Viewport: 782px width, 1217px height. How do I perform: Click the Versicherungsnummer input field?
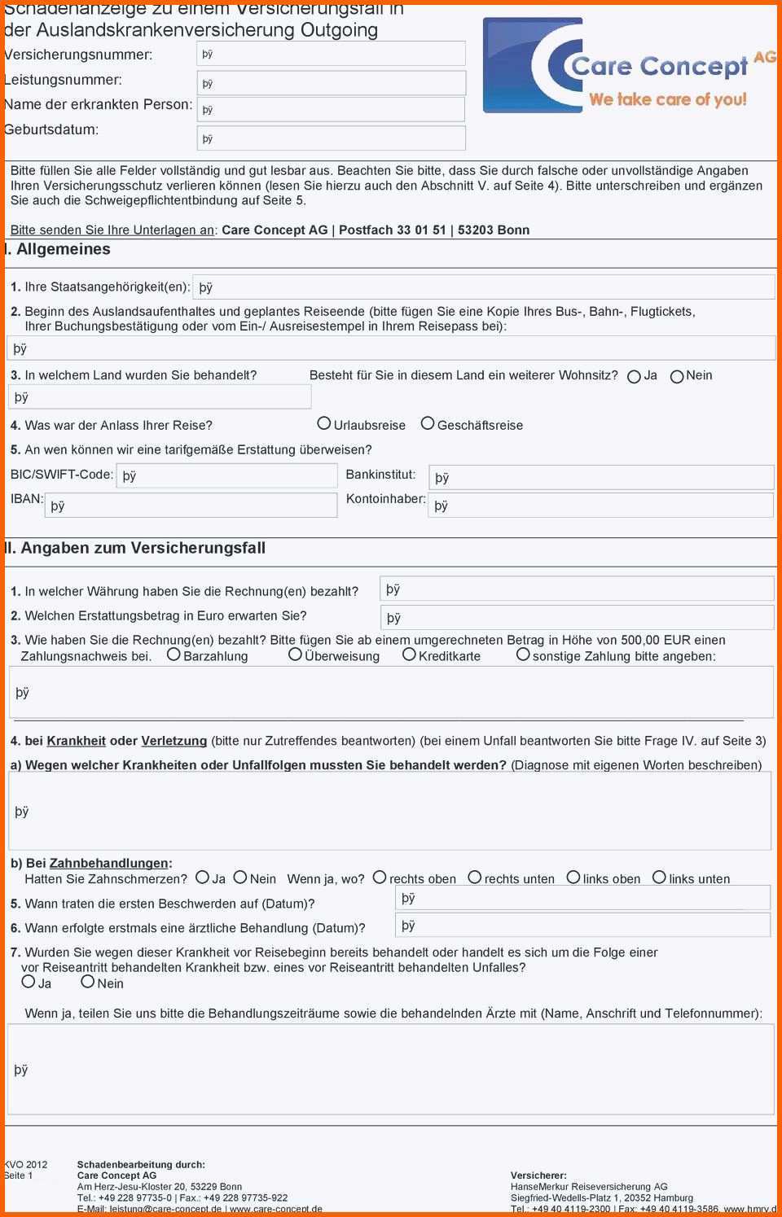point(331,54)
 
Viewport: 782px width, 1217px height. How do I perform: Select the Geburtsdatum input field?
point(331,138)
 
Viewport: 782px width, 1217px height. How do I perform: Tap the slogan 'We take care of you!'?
point(667,100)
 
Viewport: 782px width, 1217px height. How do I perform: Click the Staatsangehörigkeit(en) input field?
point(483,287)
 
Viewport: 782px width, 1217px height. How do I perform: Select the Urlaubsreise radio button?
point(324,423)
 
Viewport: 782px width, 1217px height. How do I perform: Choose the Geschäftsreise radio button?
point(428,423)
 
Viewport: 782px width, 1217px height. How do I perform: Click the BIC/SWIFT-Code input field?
point(226,475)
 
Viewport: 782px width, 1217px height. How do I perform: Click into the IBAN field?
point(191,506)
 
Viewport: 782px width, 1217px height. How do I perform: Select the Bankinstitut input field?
point(601,478)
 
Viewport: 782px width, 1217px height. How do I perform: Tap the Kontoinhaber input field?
point(601,506)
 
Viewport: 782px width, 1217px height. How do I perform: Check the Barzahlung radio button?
point(174,654)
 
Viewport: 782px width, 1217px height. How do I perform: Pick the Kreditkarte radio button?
point(409,654)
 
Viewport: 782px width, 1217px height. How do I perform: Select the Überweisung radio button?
point(295,654)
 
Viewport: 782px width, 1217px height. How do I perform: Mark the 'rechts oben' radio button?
point(380,878)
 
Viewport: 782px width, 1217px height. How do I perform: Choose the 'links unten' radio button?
point(659,878)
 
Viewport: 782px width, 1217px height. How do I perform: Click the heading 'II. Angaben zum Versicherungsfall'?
point(136,549)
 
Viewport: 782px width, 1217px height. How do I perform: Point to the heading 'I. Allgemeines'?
point(58,250)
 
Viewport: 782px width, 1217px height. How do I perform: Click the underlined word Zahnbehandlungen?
point(108,863)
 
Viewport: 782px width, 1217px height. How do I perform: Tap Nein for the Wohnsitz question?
point(677,377)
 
